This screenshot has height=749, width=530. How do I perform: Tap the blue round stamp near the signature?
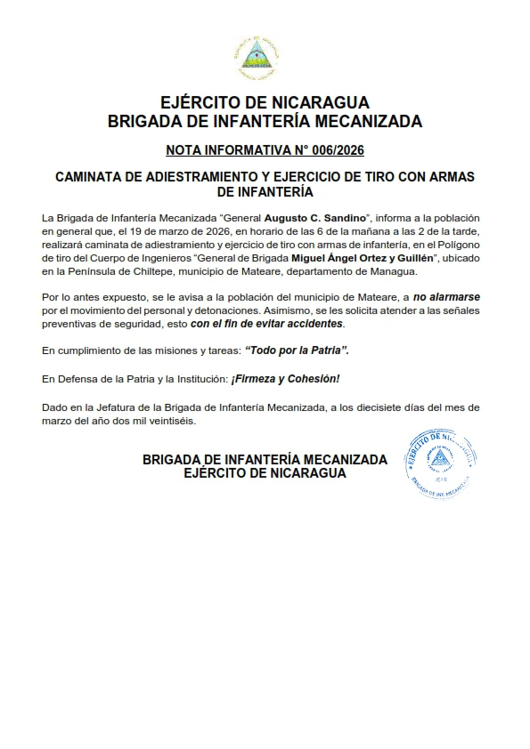coord(441,458)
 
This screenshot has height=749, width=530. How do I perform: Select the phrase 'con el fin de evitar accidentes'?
coord(267,324)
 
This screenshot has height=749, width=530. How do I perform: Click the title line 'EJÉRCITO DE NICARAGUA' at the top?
coord(265,102)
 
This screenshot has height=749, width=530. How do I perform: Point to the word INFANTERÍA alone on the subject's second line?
coord(265,191)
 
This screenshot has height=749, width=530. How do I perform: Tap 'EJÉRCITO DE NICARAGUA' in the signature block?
coord(265,474)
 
